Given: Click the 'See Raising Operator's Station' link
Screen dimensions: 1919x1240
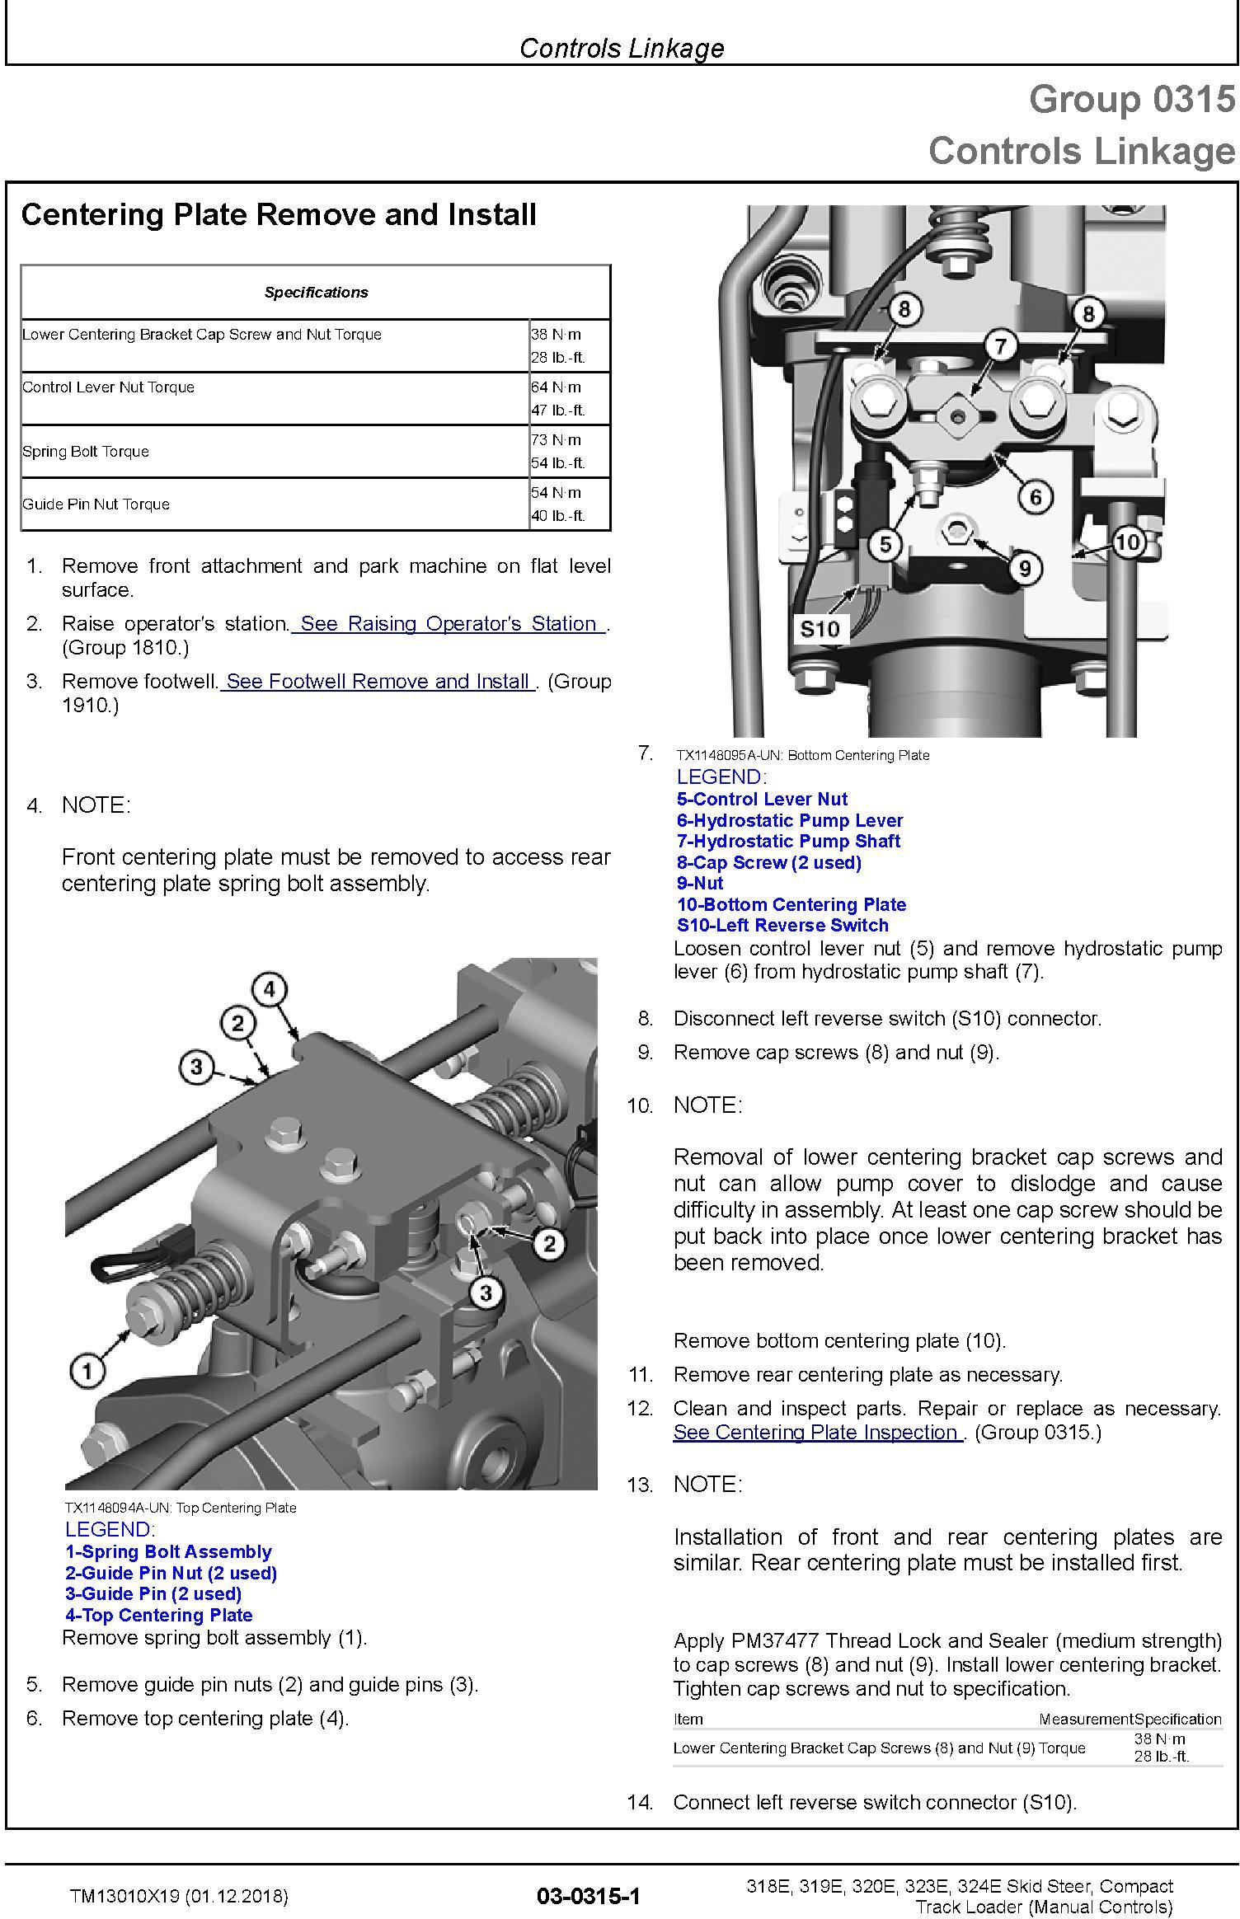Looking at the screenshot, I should click(x=449, y=624).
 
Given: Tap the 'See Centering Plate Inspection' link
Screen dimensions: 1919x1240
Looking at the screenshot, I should click(x=817, y=1432).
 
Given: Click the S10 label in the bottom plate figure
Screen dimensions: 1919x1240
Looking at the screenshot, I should click(x=820, y=630).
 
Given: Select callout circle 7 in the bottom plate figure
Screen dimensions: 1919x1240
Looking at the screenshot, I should click(x=1000, y=345).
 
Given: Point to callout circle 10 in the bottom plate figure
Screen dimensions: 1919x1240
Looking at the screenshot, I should click(x=1127, y=542).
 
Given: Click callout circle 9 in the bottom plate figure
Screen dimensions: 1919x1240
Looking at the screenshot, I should click(x=1025, y=568).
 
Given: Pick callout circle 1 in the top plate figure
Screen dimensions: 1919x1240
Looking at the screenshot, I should click(x=87, y=1372).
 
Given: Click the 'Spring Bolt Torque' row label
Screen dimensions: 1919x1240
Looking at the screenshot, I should click(x=86, y=452).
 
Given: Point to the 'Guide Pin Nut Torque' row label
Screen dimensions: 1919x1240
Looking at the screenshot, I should click(x=96, y=504).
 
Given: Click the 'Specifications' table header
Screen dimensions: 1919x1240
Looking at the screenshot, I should click(x=316, y=293).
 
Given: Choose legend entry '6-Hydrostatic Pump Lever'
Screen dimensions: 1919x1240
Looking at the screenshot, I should click(x=790, y=821).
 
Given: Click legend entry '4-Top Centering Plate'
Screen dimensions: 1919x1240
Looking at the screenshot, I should click(x=159, y=1615).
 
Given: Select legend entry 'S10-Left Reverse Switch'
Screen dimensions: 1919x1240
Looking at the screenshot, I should click(x=782, y=926).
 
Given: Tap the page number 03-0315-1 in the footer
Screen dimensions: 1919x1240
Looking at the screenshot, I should click(x=588, y=1896).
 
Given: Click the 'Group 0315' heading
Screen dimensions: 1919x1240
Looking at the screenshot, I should click(x=1132, y=100).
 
